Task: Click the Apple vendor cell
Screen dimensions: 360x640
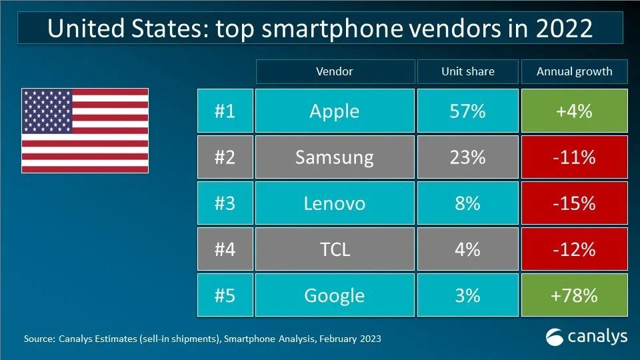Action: (x=334, y=111)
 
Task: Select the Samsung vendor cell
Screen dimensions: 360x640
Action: (x=334, y=157)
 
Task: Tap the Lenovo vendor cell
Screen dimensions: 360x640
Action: (x=334, y=203)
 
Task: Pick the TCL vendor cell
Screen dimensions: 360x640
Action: (x=334, y=249)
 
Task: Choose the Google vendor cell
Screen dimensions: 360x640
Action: (x=334, y=295)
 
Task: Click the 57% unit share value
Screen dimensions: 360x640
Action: (x=467, y=111)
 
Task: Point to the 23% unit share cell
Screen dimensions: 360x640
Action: (x=467, y=157)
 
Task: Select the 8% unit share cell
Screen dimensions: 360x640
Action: (x=467, y=203)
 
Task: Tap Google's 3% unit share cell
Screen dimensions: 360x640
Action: (x=467, y=295)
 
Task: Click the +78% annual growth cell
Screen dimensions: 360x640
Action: (x=574, y=295)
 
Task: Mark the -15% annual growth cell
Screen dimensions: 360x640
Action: (x=574, y=203)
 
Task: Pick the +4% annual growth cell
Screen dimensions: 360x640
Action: (x=574, y=111)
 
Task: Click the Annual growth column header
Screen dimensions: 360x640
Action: (x=574, y=71)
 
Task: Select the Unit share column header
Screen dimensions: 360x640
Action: (x=467, y=71)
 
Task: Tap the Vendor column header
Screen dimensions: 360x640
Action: (x=334, y=71)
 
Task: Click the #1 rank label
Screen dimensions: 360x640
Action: (x=225, y=111)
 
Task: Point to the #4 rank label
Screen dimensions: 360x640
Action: (x=225, y=249)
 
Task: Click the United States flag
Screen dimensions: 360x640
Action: (x=85, y=131)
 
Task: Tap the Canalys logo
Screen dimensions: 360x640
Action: (x=586, y=337)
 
